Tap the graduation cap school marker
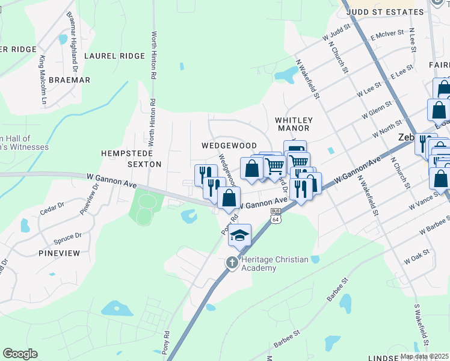pos(239,235)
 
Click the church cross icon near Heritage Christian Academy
pos(232,262)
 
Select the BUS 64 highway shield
pos(276,215)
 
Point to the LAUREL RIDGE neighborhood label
pos(114,56)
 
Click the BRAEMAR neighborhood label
pos(70,80)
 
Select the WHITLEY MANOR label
pos(292,124)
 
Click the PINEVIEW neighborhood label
pos(59,253)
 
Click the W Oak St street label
pos(418,257)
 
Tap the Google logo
pos(20,354)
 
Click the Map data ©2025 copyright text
pos(424,356)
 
